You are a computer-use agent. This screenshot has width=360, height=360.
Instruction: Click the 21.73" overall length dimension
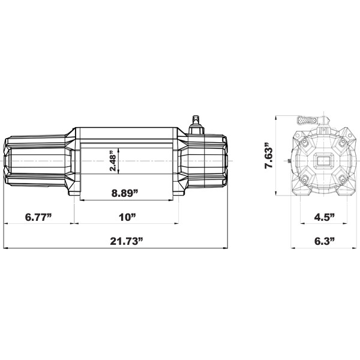tap(127, 242)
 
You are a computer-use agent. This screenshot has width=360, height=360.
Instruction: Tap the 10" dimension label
tap(127, 217)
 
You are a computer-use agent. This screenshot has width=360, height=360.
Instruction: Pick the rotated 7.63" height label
tap(269, 157)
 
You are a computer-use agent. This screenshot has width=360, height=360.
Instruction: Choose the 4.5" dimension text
tap(324, 217)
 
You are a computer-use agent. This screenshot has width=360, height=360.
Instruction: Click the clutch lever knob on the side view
tap(194, 119)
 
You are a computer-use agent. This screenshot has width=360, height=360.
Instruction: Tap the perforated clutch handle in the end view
tap(308, 120)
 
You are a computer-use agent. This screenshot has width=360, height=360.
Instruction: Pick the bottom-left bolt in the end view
tap(305, 179)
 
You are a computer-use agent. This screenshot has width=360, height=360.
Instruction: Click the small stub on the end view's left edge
tap(290, 162)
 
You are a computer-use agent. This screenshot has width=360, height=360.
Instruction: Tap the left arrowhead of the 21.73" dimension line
tap(6, 248)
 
